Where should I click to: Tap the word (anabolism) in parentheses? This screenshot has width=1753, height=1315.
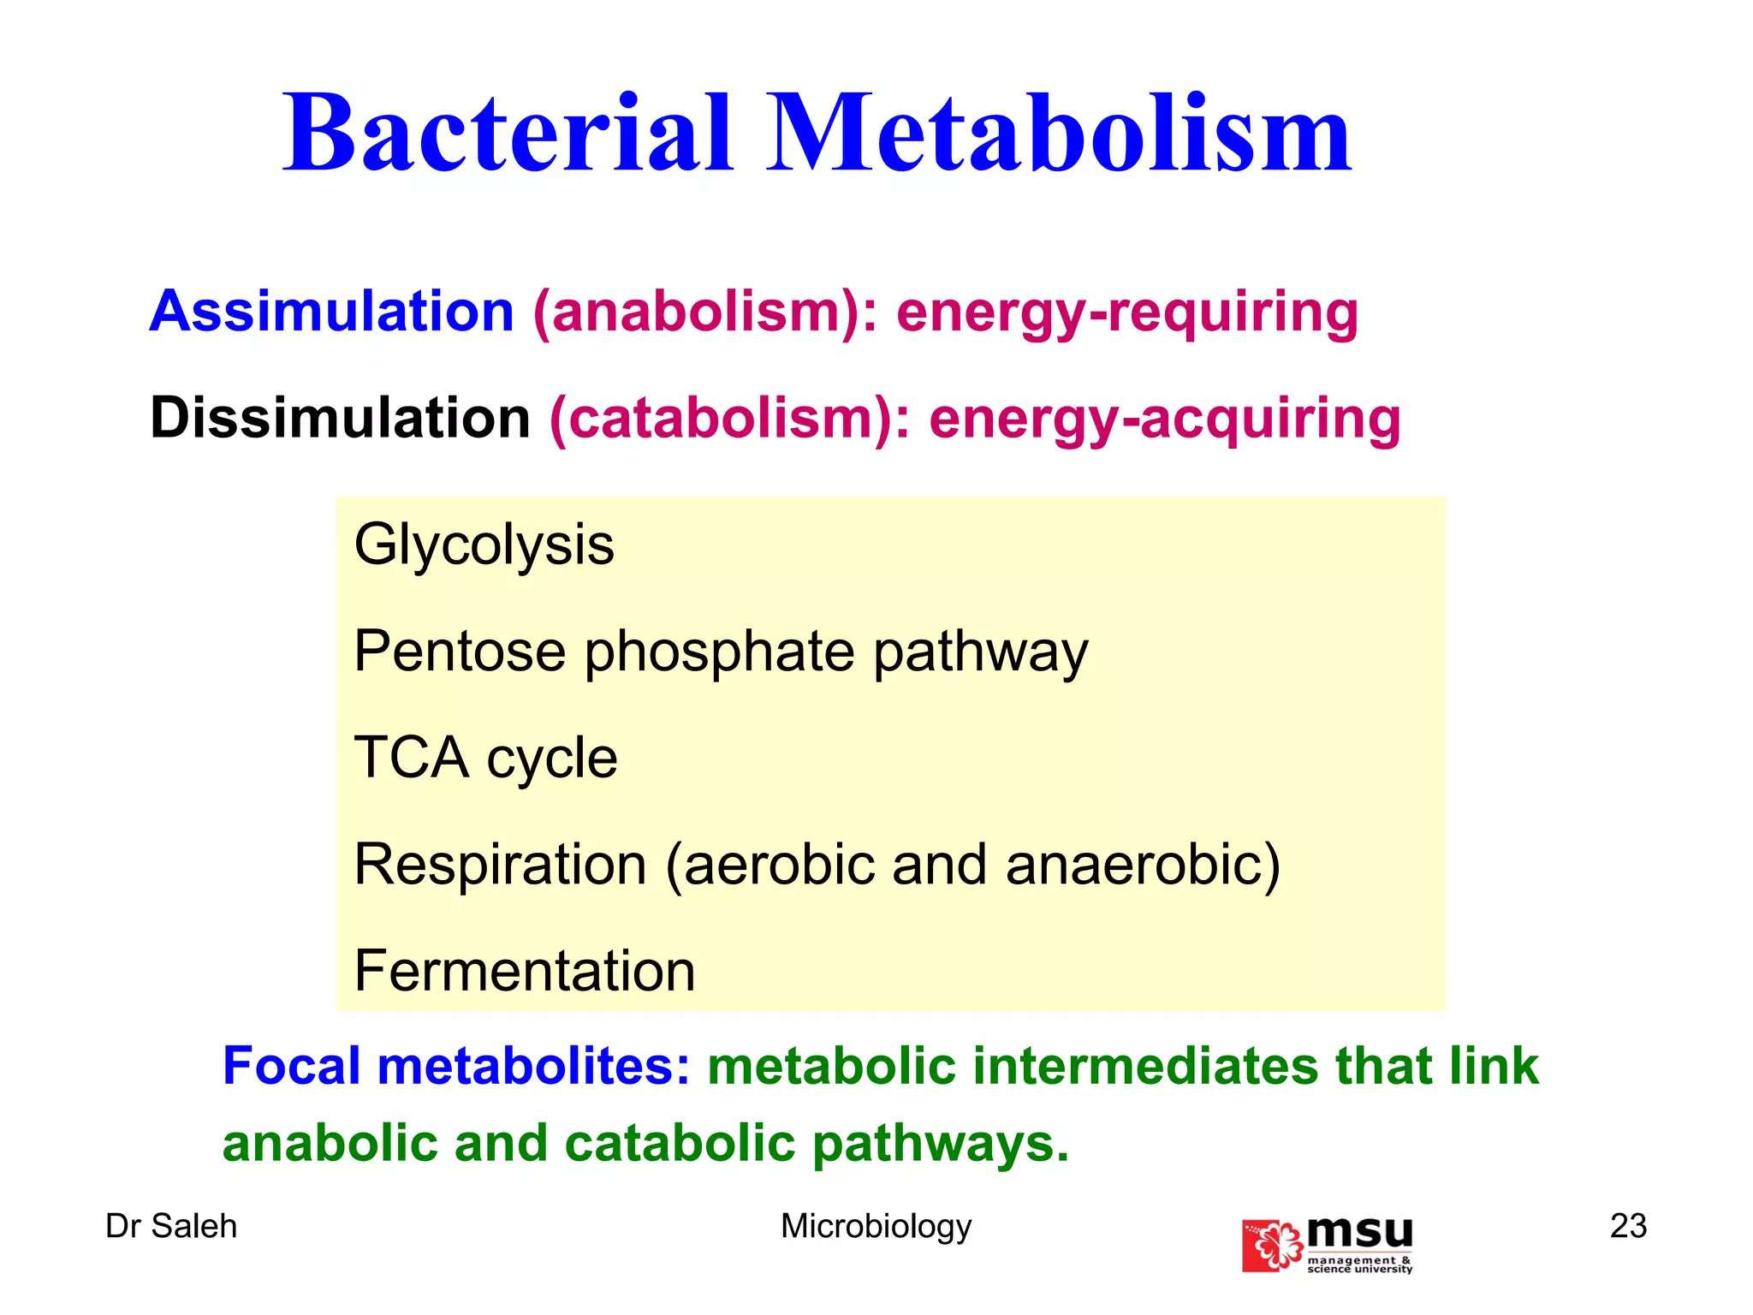[704, 312]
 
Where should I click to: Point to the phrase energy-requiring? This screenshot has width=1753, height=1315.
[1127, 313]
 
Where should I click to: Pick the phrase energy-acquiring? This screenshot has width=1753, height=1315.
[1165, 420]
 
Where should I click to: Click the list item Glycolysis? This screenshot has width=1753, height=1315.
[484, 544]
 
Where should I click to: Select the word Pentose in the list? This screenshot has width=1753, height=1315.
[460, 652]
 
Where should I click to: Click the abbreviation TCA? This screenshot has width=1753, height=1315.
[411, 758]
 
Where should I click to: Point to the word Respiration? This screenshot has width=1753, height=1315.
[500, 865]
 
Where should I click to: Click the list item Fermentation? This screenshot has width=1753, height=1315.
[525, 971]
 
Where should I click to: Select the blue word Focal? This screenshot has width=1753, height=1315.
[291, 1067]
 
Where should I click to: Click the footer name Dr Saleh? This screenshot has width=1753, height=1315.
[171, 1226]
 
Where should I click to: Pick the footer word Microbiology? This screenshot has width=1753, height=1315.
[876, 1227]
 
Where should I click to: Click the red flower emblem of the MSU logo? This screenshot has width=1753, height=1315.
[1273, 1246]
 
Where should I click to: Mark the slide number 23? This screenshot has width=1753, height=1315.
[1628, 1226]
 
